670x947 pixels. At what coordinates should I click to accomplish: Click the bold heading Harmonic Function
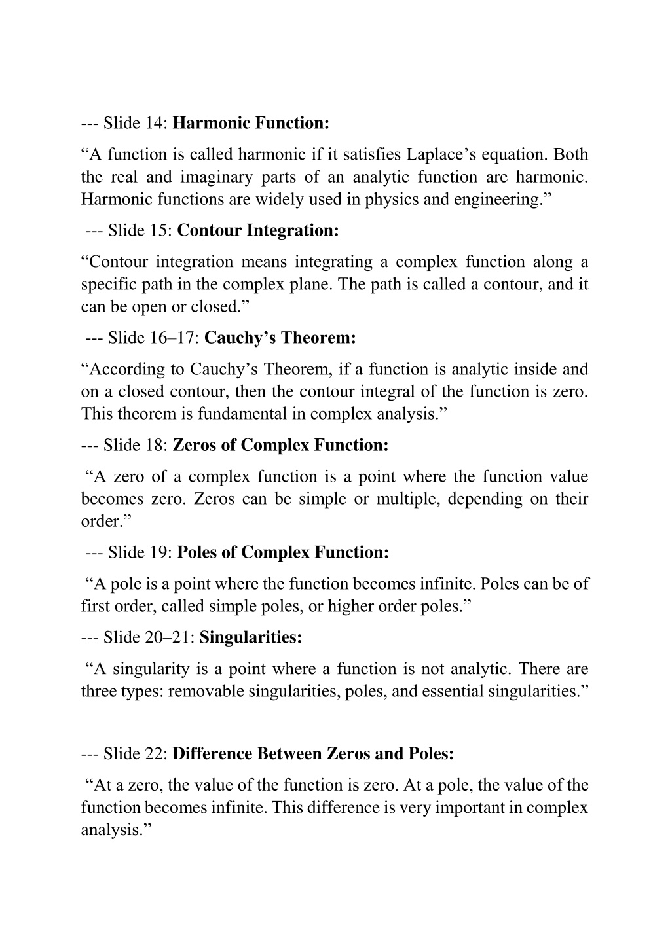coord(251,123)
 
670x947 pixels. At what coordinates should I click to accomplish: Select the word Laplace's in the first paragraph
coord(441,154)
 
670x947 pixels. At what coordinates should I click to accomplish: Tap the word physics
coord(392,199)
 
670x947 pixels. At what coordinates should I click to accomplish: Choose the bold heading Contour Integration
coord(258,230)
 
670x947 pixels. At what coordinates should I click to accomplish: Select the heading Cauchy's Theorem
coord(280,338)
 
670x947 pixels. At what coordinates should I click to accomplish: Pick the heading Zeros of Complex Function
coord(280,445)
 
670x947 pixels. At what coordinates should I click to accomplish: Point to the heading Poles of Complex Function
coord(283,552)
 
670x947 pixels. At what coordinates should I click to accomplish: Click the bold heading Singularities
coord(251,637)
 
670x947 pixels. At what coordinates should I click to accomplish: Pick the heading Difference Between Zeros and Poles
coord(313,754)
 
